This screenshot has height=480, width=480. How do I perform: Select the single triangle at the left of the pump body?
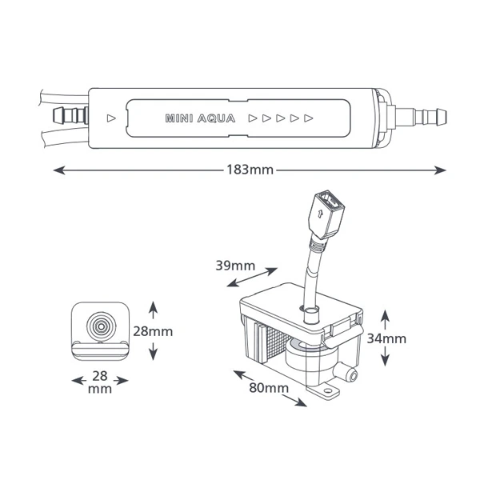[110, 118]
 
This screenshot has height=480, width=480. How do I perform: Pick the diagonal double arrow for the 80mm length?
[269, 388]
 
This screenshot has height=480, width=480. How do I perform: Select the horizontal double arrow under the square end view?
[100, 380]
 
